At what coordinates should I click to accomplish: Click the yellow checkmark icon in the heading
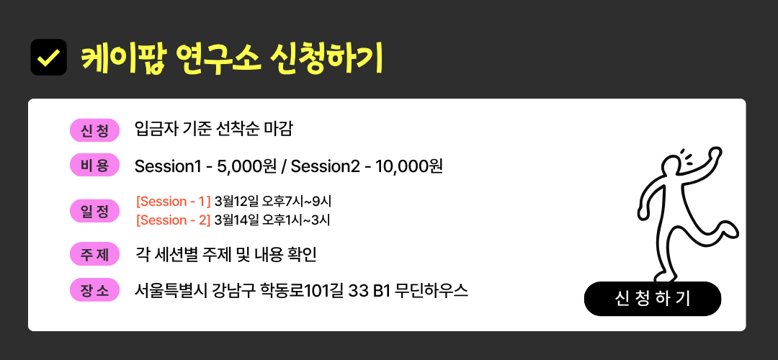click(49, 58)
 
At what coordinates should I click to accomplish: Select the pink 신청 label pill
click(94, 130)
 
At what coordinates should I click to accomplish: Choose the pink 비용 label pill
click(94, 165)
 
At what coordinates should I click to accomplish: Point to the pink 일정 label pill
click(94, 211)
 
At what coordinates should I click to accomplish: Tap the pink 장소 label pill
click(94, 290)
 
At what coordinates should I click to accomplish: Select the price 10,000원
click(409, 166)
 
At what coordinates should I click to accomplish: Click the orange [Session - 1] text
click(174, 202)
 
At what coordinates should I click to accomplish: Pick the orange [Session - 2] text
click(174, 220)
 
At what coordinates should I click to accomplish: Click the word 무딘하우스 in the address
click(432, 291)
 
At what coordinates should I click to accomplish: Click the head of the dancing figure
click(674, 166)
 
